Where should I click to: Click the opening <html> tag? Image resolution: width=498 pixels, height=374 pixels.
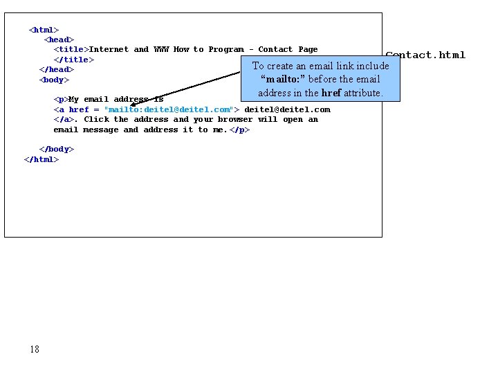44,30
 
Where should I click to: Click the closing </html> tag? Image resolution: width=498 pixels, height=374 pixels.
41,159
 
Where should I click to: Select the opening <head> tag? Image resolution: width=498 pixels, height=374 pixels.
59,39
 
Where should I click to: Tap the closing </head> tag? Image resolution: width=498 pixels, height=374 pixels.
56,69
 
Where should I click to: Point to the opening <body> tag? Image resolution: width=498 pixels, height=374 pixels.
54,80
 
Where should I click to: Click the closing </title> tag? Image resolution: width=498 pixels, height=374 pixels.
74,60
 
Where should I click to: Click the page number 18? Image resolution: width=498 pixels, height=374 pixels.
35,349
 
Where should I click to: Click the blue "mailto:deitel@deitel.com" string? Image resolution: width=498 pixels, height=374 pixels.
168,109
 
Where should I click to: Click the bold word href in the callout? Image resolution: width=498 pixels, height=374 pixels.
331,93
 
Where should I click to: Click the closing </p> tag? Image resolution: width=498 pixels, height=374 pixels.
240,130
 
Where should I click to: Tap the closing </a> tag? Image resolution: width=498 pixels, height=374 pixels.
64,119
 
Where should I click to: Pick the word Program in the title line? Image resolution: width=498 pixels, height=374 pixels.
226,49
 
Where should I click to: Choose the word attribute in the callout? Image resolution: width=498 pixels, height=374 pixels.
362,93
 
